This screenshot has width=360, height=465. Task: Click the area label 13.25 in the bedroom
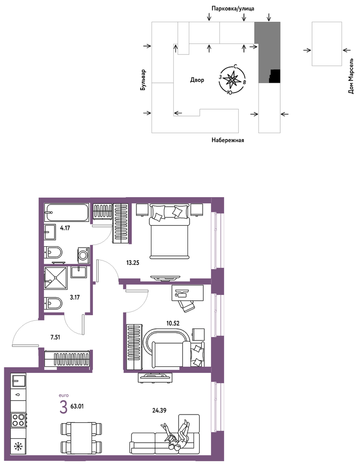click(x=132, y=263)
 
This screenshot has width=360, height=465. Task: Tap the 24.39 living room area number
click(x=159, y=410)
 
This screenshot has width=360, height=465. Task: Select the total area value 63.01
click(x=77, y=406)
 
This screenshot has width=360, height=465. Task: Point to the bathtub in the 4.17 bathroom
click(x=67, y=212)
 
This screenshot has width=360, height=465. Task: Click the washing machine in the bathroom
click(x=84, y=255)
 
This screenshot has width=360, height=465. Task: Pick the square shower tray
click(x=55, y=278)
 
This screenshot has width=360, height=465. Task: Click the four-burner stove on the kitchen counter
click(x=18, y=420)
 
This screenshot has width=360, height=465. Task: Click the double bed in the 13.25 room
click(x=169, y=231)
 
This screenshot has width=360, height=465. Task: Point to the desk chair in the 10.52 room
click(x=185, y=305)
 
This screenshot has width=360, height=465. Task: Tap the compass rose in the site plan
click(x=232, y=79)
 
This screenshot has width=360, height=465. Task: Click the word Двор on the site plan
click(x=197, y=80)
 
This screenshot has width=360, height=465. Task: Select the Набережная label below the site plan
click(x=228, y=140)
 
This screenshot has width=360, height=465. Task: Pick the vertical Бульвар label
click(x=143, y=80)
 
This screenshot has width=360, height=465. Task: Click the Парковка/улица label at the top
click(x=233, y=9)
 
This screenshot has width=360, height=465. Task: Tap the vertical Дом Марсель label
click(x=351, y=76)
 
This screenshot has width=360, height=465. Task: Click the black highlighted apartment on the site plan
click(x=275, y=76)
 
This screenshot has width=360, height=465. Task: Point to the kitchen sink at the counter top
click(x=18, y=380)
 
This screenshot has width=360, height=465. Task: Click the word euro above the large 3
click(x=64, y=395)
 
